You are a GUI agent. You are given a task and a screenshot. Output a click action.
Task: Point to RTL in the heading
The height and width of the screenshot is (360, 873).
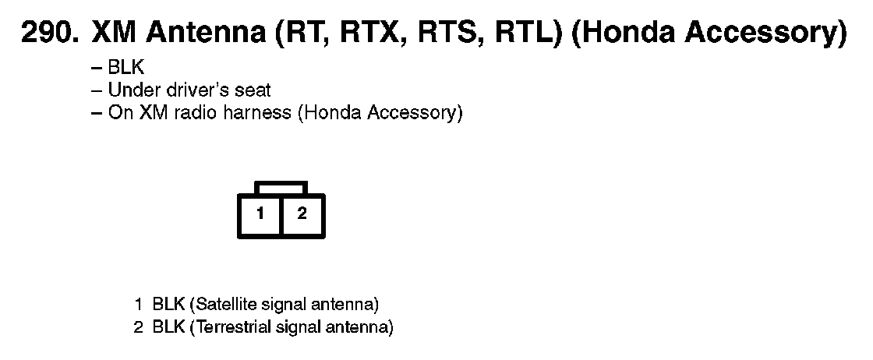[526, 34]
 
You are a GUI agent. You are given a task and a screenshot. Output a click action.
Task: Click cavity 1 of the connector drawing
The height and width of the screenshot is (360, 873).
[260, 214]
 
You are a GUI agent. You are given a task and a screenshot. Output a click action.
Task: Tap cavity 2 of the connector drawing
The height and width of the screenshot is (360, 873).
[302, 214]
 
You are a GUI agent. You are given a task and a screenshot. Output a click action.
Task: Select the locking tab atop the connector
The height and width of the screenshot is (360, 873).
[281, 188]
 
